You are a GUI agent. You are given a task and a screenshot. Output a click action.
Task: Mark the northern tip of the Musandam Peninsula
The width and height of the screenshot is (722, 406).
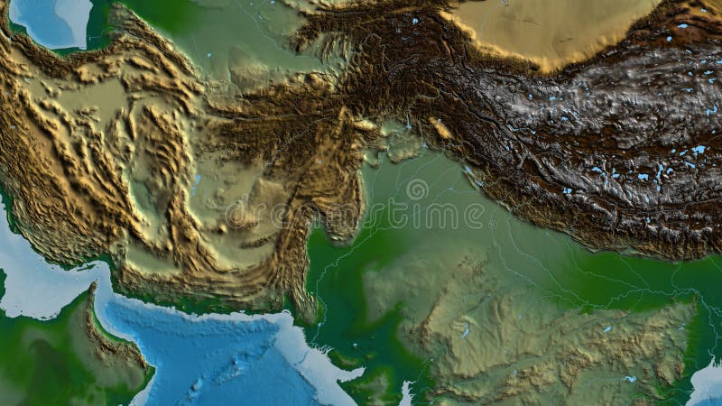click(93, 287)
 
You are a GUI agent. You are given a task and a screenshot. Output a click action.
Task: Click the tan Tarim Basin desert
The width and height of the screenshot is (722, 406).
click(551, 27)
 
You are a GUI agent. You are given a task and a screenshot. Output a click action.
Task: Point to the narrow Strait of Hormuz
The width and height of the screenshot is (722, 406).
click(101, 276)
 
